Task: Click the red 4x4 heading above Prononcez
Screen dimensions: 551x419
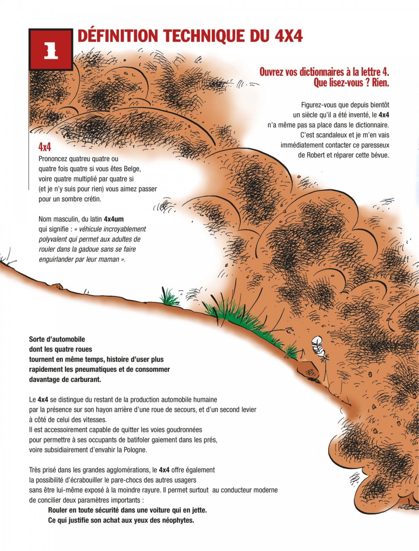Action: tap(45, 147)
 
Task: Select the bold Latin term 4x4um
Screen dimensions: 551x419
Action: tap(114, 219)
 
